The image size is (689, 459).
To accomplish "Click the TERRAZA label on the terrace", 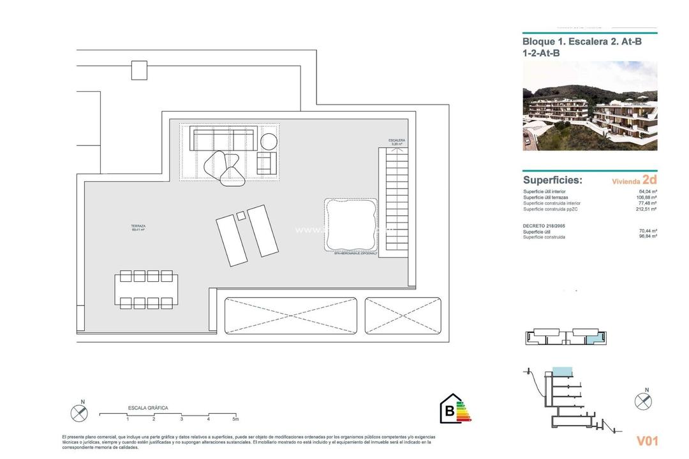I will click(138, 227).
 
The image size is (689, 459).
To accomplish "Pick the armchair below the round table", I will click(267, 163).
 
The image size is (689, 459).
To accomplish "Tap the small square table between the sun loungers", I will click(241, 216).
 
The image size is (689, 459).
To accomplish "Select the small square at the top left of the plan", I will click(139, 70).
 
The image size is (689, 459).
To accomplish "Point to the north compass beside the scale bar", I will click(79, 412).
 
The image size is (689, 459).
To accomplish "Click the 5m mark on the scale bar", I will click(235, 419).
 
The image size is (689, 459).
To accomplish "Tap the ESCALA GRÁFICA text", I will click(148, 407).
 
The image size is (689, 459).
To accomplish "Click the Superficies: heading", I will click(552, 180).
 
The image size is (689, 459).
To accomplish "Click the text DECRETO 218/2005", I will click(544, 226).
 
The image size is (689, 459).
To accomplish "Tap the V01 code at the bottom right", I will click(647, 441).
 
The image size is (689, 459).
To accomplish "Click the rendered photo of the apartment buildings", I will click(589, 106).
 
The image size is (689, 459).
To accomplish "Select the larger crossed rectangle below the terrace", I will click(290, 316).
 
